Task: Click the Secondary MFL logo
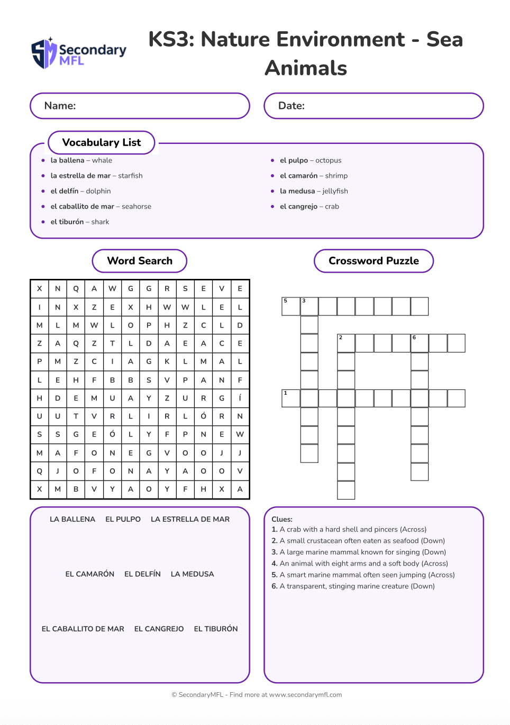(x=79, y=53)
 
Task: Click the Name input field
(x=140, y=106)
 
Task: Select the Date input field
(x=374, y=106)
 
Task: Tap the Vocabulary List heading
(x=102, y=142)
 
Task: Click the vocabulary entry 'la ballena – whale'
(x=81, y=160)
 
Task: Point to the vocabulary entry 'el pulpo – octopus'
(x=311, y=160)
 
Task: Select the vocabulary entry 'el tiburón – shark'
(x=79, y=222)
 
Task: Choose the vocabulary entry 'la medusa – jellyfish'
(x=314, y=191)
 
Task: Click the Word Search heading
(x=140, y=261)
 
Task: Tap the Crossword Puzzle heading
(x=374, y=261)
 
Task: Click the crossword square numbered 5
(x=290, y=306)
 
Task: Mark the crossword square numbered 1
(x=290, y=398)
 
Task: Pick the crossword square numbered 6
(x=420, y=343)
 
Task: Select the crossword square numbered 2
(x=346, y=343)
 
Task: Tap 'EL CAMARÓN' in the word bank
(x=90, y=574)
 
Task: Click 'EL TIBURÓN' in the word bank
(x=216, y=629)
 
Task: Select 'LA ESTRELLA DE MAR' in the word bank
(x=190, y=519)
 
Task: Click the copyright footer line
(x=257, y=695)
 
